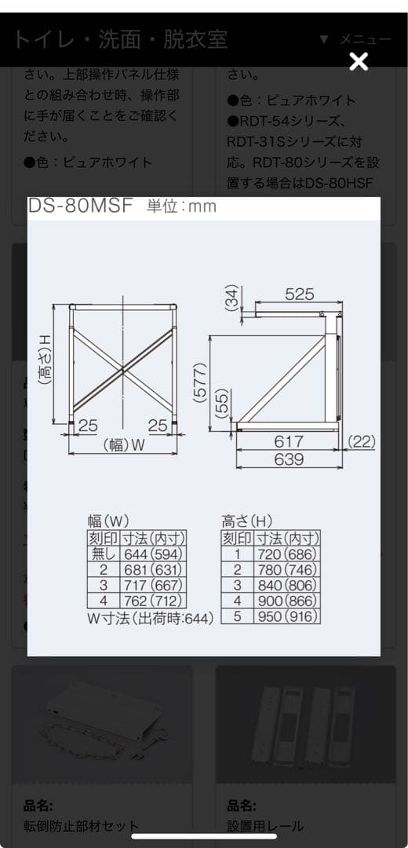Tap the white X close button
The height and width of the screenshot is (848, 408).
click(x=359, y=61)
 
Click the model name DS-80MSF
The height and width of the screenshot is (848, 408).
click(x=81, y=206)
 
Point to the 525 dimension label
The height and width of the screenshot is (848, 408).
click(x=300, y=294)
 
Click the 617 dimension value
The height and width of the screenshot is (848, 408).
click(x=288, y=442)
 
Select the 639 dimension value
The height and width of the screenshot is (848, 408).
click(x=288, y=459)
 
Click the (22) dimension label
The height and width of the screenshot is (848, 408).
click(x=362, y=442)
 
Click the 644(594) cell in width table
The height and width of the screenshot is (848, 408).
click(x=153, y=554)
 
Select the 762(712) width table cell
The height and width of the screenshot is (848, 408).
click(x=153, y=601)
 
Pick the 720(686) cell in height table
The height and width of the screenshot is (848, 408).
click(x=286, y=554)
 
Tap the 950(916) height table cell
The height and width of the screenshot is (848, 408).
click(x=286, y=616)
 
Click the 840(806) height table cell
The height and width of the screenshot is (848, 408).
click(x=286, y=586)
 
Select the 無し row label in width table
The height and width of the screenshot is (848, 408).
click(x=103, y=554)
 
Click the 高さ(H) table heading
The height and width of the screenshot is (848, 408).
click(x=247, y=521)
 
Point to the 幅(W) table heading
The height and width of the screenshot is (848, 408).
click(x=108, y=521)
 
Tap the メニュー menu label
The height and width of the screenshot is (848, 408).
click(x=366, y=39)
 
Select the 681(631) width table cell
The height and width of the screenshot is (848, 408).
click(x=153, y=570)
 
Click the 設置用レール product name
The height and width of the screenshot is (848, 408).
click(x=265, y=825)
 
